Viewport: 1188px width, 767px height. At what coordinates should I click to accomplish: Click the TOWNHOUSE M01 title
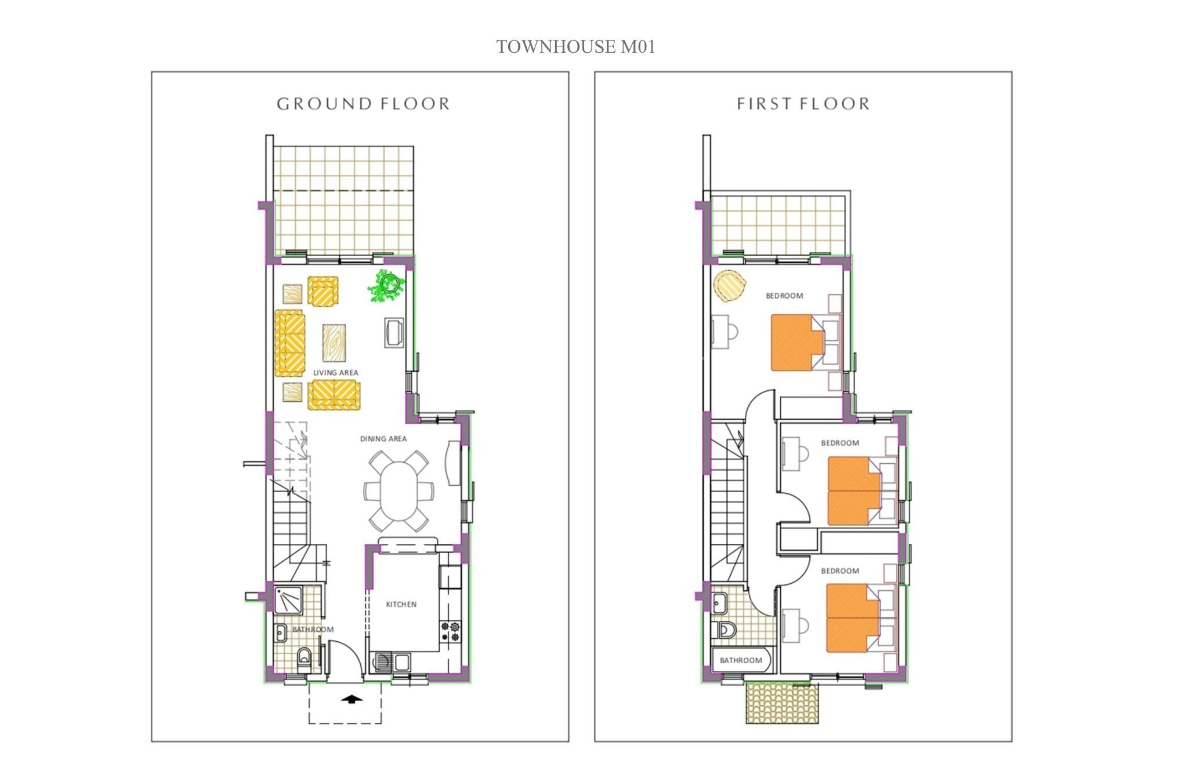(575, 46)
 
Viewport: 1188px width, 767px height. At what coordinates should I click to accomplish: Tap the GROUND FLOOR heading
(363, 104)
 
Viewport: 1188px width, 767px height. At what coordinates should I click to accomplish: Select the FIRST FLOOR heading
(803, 104)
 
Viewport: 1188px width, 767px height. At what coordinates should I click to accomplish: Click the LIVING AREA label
(335, 373)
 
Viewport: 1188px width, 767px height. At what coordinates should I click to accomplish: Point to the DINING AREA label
(383, 439)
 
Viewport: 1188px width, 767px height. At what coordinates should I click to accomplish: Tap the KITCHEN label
(401, 604)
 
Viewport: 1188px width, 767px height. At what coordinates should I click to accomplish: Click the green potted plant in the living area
(386, 285)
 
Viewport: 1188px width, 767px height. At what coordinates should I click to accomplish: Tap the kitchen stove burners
(451, 631)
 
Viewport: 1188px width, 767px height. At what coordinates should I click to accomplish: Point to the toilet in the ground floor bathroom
(304, 659)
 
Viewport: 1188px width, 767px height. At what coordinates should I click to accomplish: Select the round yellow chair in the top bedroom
(730, 286)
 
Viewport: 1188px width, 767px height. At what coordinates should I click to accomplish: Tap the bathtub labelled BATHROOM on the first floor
(742, 660)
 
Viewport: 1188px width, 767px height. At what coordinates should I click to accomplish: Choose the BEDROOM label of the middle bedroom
(840, 443)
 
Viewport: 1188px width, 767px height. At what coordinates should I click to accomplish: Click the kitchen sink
(392, 661)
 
